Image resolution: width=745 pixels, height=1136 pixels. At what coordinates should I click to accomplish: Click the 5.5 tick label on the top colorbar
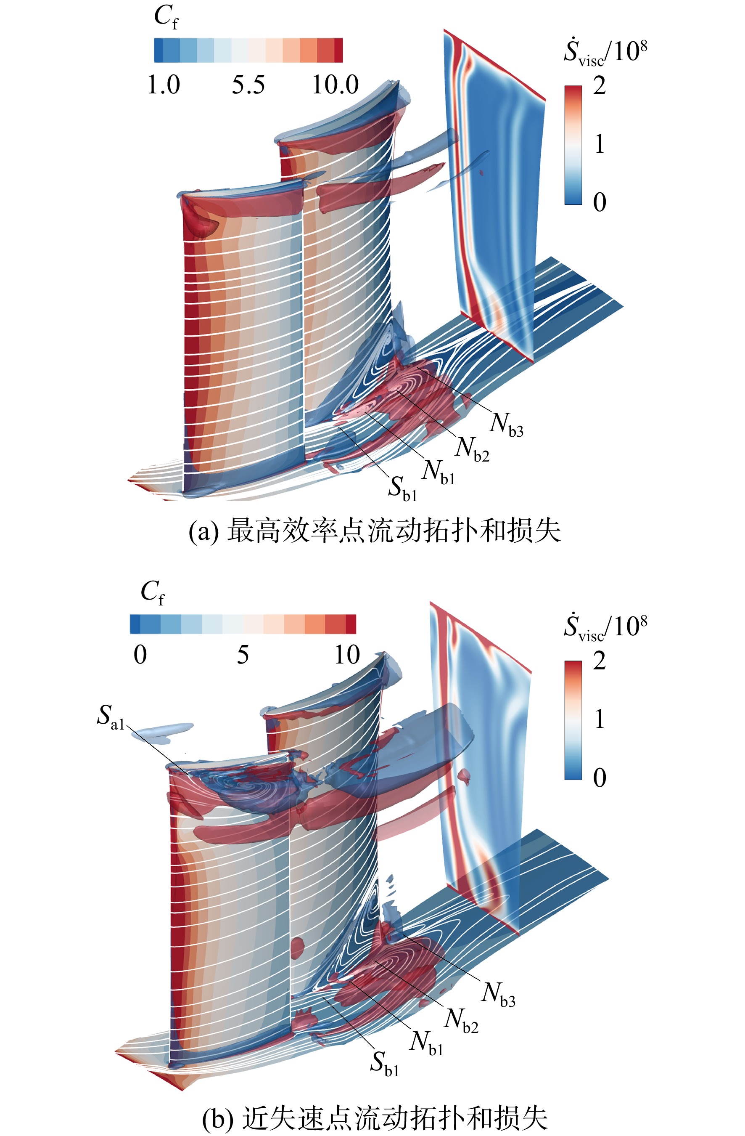pyautogui.click(x=248, y=85)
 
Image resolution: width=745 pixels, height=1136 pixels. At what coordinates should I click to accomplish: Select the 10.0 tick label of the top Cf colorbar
pyautogui.click(x=336, y=85)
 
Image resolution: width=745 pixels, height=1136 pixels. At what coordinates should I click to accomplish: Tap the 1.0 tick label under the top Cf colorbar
pyautogui.click(x=164, y=85)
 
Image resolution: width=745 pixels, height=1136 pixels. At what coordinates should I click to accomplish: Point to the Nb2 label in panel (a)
pyautogui.click(x=472, y=450)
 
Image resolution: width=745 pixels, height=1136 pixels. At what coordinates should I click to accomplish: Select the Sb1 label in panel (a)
pyautogui.click(x=402, y=489)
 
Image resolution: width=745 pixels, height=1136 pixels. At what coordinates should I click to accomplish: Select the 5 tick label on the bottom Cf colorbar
pyautogui.click(x=243, y=654)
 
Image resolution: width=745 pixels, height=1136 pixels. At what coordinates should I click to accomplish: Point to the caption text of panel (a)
pyautogui.click(x=375, y=531)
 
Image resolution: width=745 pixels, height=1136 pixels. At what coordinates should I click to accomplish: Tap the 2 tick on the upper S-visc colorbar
pyautogui.click(x=600, y=86)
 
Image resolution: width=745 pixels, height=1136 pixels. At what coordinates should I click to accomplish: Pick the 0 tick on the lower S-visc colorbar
pyautogui.click(x=600, y=778)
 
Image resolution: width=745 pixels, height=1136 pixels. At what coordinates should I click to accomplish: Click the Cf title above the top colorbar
pyautogui.click(x=166, y=17)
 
